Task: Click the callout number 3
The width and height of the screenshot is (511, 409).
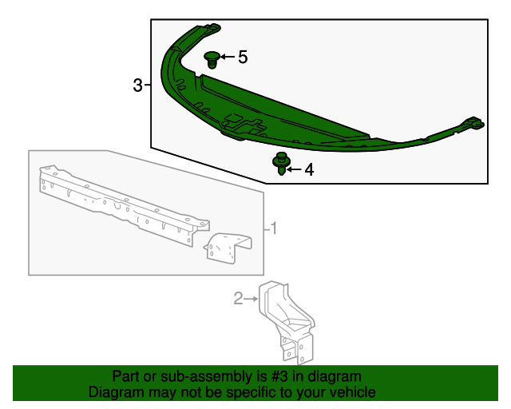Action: (138, 85)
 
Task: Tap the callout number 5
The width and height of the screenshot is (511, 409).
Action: (243, 57)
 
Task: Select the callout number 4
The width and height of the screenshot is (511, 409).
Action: (309, 169)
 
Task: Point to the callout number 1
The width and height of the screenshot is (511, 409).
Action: (274, 228)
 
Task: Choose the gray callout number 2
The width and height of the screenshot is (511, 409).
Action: (239, 299)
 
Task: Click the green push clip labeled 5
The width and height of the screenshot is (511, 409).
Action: (212, 60)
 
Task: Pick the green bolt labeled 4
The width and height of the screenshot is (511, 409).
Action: (281, 164)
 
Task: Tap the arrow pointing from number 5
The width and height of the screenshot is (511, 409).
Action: (228, 57)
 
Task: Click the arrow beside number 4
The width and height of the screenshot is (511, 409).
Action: (294, 169)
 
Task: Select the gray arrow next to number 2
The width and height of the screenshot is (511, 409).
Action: (251, 299)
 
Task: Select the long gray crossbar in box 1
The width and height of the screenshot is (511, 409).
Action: (124, 206)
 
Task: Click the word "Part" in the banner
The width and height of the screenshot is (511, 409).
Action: (125, 377)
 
